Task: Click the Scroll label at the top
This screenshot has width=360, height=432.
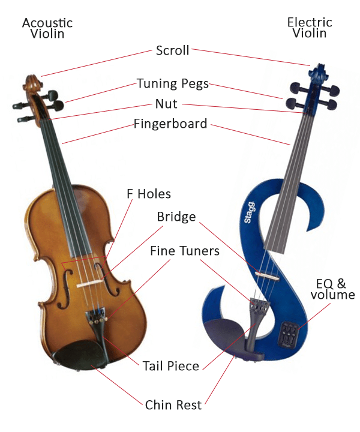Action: pos(172,50)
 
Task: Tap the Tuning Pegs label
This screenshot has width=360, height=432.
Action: pos(173,83)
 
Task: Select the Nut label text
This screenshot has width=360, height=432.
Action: pos(166,104)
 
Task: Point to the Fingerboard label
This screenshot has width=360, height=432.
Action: pos(170,124)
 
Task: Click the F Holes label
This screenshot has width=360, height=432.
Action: pos(148,194)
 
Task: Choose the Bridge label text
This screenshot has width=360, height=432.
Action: pos(176,217)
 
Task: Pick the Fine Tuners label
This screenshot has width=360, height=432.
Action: pos(184,251)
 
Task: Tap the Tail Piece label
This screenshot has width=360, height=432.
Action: pos(171,365)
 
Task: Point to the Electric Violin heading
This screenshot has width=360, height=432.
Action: pos(310,28)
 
